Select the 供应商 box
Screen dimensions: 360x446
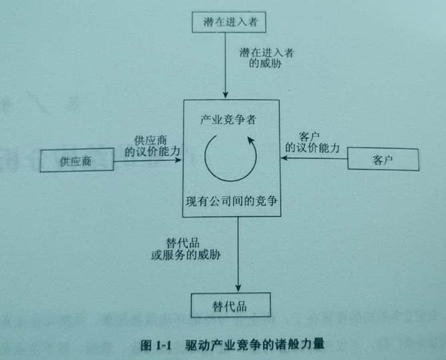tap(75, 160)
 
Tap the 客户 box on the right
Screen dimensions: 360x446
tap(383, 160)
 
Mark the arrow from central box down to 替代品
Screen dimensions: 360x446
tap(238, 253)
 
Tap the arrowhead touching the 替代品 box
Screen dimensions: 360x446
tap(238, 287)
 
